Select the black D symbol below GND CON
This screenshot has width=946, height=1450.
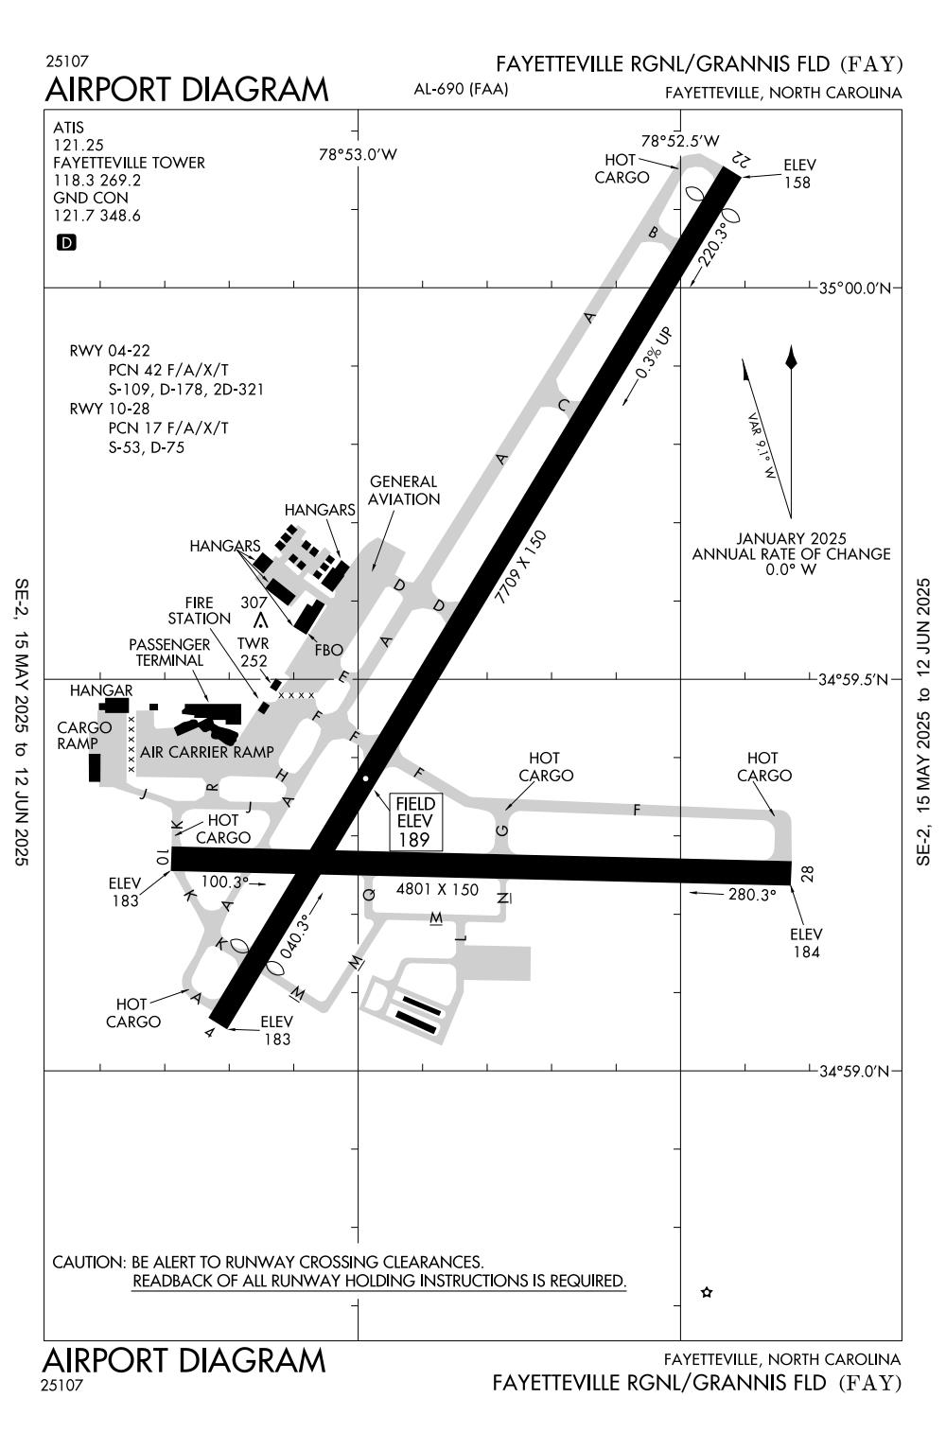66,243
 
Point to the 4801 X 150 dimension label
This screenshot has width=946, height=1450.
437,889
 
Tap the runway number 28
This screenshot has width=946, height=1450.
806,873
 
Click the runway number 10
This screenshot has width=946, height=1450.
163,858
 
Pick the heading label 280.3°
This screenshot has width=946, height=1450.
752,894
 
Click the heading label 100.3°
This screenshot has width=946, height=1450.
223,882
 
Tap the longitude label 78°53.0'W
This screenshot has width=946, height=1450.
358,154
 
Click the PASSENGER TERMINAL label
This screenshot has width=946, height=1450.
169,652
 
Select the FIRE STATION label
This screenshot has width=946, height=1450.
200,610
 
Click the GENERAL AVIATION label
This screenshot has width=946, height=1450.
404,490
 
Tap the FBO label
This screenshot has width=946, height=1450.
329,650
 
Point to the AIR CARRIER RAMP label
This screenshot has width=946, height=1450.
207,752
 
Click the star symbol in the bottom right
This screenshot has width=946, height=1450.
706,1292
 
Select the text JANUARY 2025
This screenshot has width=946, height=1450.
792,538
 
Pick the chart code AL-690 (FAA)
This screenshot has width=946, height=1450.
462,90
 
